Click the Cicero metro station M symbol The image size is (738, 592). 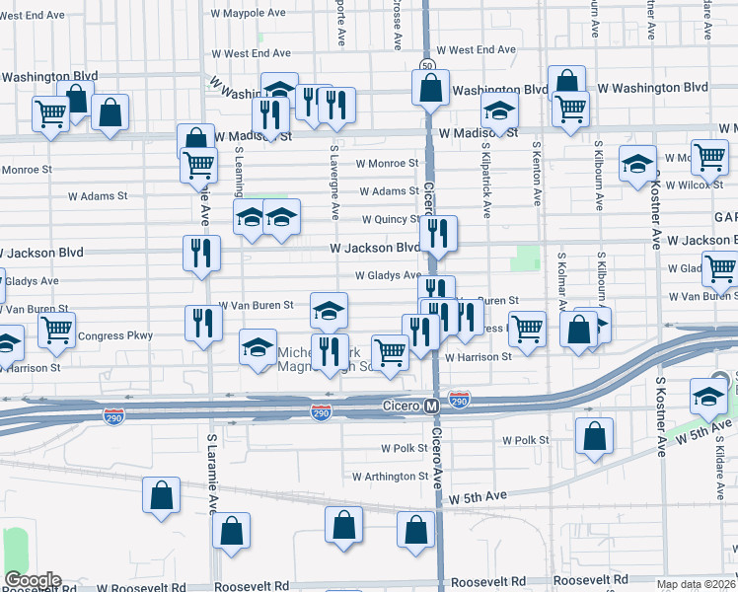click(x=431, y=407)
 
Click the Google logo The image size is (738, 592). click(x=32, y=580)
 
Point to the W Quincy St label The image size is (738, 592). click(x=390, y=219)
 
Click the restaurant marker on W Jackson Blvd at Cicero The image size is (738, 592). click(x=438, y=234)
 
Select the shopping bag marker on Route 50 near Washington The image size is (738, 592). click(x=430, y=87)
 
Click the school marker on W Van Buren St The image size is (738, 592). click(x=329, y=311)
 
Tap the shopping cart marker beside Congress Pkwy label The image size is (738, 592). click(x=56, y=331)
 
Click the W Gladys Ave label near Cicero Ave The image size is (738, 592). click(x=388, y=276)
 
